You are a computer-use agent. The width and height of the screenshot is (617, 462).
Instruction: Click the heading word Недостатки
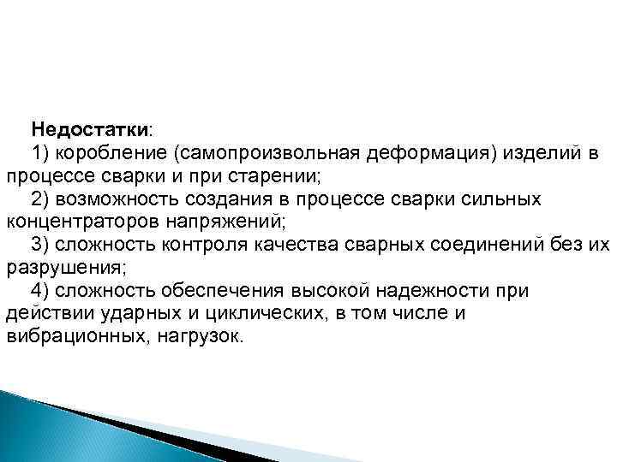click(90, 130)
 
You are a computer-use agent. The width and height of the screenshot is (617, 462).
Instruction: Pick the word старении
click(273, 177)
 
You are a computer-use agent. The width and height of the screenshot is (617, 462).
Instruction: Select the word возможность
click(120, 199)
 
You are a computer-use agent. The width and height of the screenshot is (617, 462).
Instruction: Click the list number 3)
click(42, 246)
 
